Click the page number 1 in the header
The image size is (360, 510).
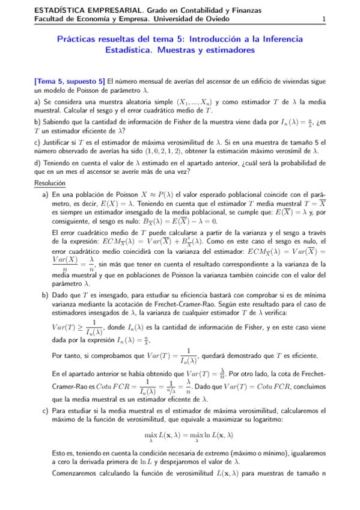tap(324, 19)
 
